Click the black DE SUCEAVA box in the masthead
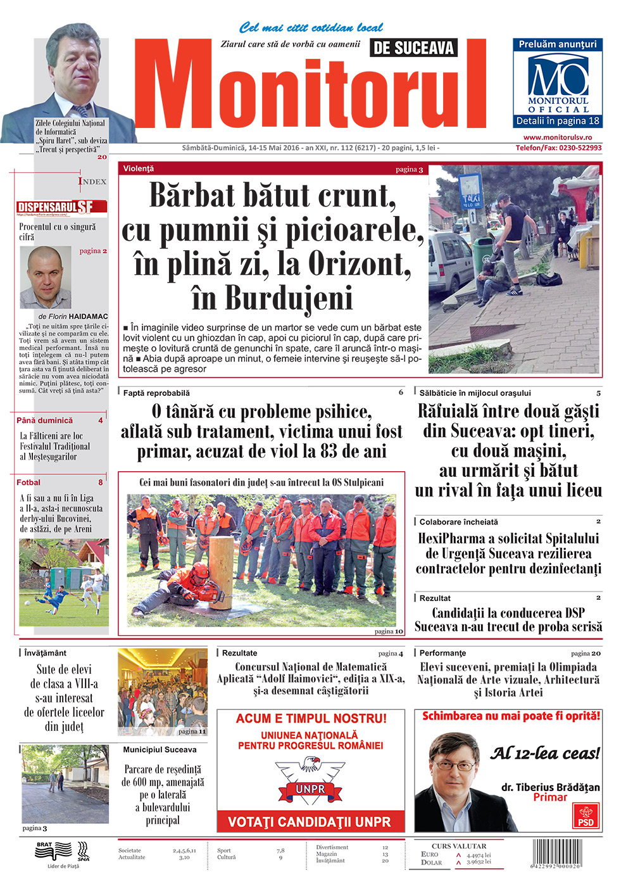coord(413,47)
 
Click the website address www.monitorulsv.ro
coord(558,137)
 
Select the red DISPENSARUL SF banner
coord(62,207)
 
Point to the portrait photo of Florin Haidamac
coord(45,277)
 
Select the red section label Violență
coord(139,169)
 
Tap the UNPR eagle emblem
coord(310,780)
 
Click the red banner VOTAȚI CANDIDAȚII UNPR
coord(310,822)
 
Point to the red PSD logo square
coord(586,816)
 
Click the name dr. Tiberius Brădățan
coord(550,787)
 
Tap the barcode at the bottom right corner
coord(556,853)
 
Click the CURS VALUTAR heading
coord(459,846)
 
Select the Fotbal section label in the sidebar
coord(28,483)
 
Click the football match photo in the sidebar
coord(63,583)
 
